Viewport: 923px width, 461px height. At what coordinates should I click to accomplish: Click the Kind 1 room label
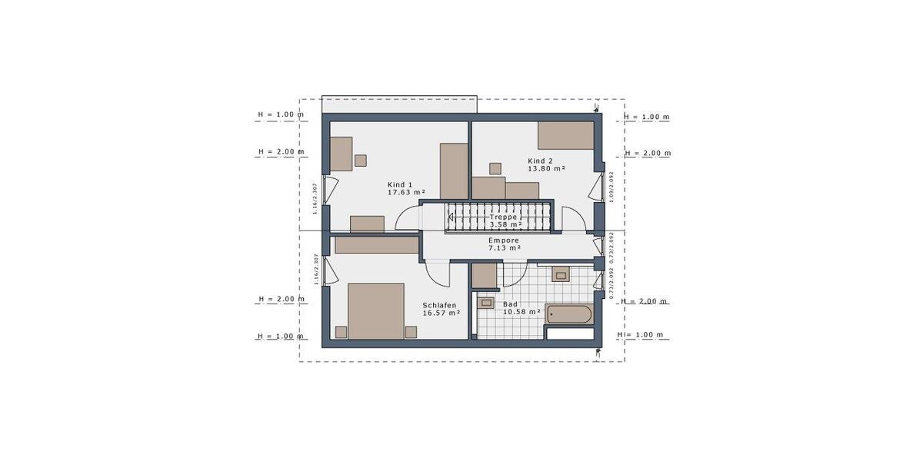click(x=400, y=184)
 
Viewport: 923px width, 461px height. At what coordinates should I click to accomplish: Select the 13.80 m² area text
click(x=546, y=168)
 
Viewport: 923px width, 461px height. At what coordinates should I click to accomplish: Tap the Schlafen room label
click(x=439, y=305)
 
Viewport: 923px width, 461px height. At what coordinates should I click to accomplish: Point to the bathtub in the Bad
click(x=569, y=314)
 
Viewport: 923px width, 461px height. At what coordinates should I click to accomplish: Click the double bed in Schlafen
click(x=376, y=310)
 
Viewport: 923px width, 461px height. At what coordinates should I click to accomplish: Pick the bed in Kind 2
click(x=565, y=134)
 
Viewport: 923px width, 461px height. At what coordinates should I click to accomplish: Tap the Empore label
click(x=504, y=240)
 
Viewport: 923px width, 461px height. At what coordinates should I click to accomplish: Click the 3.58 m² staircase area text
click(x=505, y=224)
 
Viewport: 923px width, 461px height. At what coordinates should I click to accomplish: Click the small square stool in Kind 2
click(x=495, y=168)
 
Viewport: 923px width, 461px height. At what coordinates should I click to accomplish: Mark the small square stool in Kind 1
click(x=360, y=160)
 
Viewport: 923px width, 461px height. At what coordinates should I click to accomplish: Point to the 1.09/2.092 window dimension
click(x=611, y=186)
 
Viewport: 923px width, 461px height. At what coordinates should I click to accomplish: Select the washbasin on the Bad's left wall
click(x=485, y=303)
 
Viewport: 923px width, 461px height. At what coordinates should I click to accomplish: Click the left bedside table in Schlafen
click(x=341, y=332)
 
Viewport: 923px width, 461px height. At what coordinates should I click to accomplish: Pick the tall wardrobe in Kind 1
click(x=454, y=171)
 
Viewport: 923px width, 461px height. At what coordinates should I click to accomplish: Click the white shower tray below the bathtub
click(x=569, y=333)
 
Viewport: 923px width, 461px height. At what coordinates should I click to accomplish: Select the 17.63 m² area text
click(x=407, y=193)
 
